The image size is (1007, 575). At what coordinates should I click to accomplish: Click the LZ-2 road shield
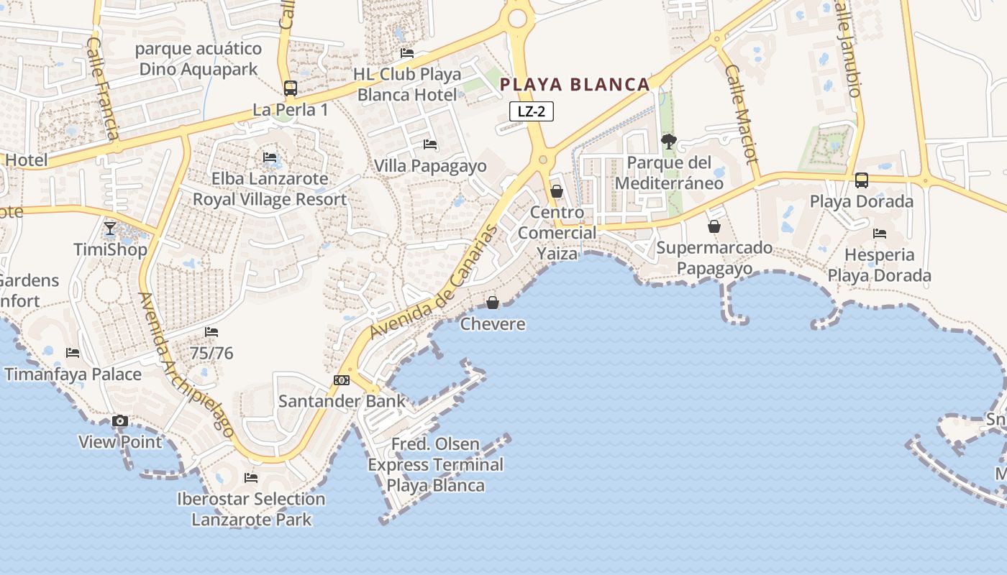[x=532, y=111]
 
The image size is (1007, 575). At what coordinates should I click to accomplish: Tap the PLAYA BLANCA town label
[x=575, y=85]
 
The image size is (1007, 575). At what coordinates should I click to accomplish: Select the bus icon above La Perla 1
[x=291, y=88]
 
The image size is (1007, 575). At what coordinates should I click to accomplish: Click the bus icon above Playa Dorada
[x=861, y=180]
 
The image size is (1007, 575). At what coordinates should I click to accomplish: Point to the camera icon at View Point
[x=120, y=421]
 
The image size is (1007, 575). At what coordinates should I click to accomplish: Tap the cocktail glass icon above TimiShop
[x=109, y=229]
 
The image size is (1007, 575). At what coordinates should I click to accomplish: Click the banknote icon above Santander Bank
[x=342, y=379]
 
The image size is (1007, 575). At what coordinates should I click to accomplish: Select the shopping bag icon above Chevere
[x=493, y=303]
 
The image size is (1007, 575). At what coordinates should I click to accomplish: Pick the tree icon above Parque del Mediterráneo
[x=669, y=142]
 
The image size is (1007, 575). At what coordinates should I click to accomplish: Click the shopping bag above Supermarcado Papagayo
[x=714, y=226]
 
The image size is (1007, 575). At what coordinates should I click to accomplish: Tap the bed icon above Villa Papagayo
[x=430, y=144]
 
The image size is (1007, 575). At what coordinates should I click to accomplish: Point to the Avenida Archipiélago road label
[x=187, y=365]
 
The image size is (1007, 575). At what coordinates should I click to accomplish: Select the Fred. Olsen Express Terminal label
[x=436, y=465]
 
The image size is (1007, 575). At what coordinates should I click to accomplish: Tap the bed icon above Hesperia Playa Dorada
[x=879, y=234]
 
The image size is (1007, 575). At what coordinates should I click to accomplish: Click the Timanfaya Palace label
[x=73, y=374]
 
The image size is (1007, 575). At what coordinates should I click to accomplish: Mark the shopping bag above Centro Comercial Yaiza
[x=557, y=191]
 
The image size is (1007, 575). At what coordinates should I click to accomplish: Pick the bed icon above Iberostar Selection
[x=251, y=477]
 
